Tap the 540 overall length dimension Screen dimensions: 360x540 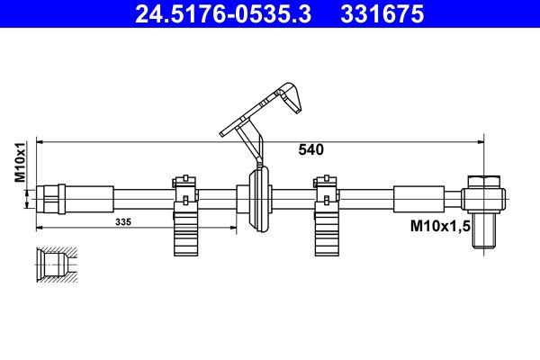pyautogui.click(x=310, y=150)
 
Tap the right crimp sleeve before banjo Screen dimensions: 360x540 pyautogui.click(x=418, y=196)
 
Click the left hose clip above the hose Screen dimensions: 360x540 pyautogui.click(x=184, y=184)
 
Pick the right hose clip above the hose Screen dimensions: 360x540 pyautogui.click(x=327, y=184)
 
